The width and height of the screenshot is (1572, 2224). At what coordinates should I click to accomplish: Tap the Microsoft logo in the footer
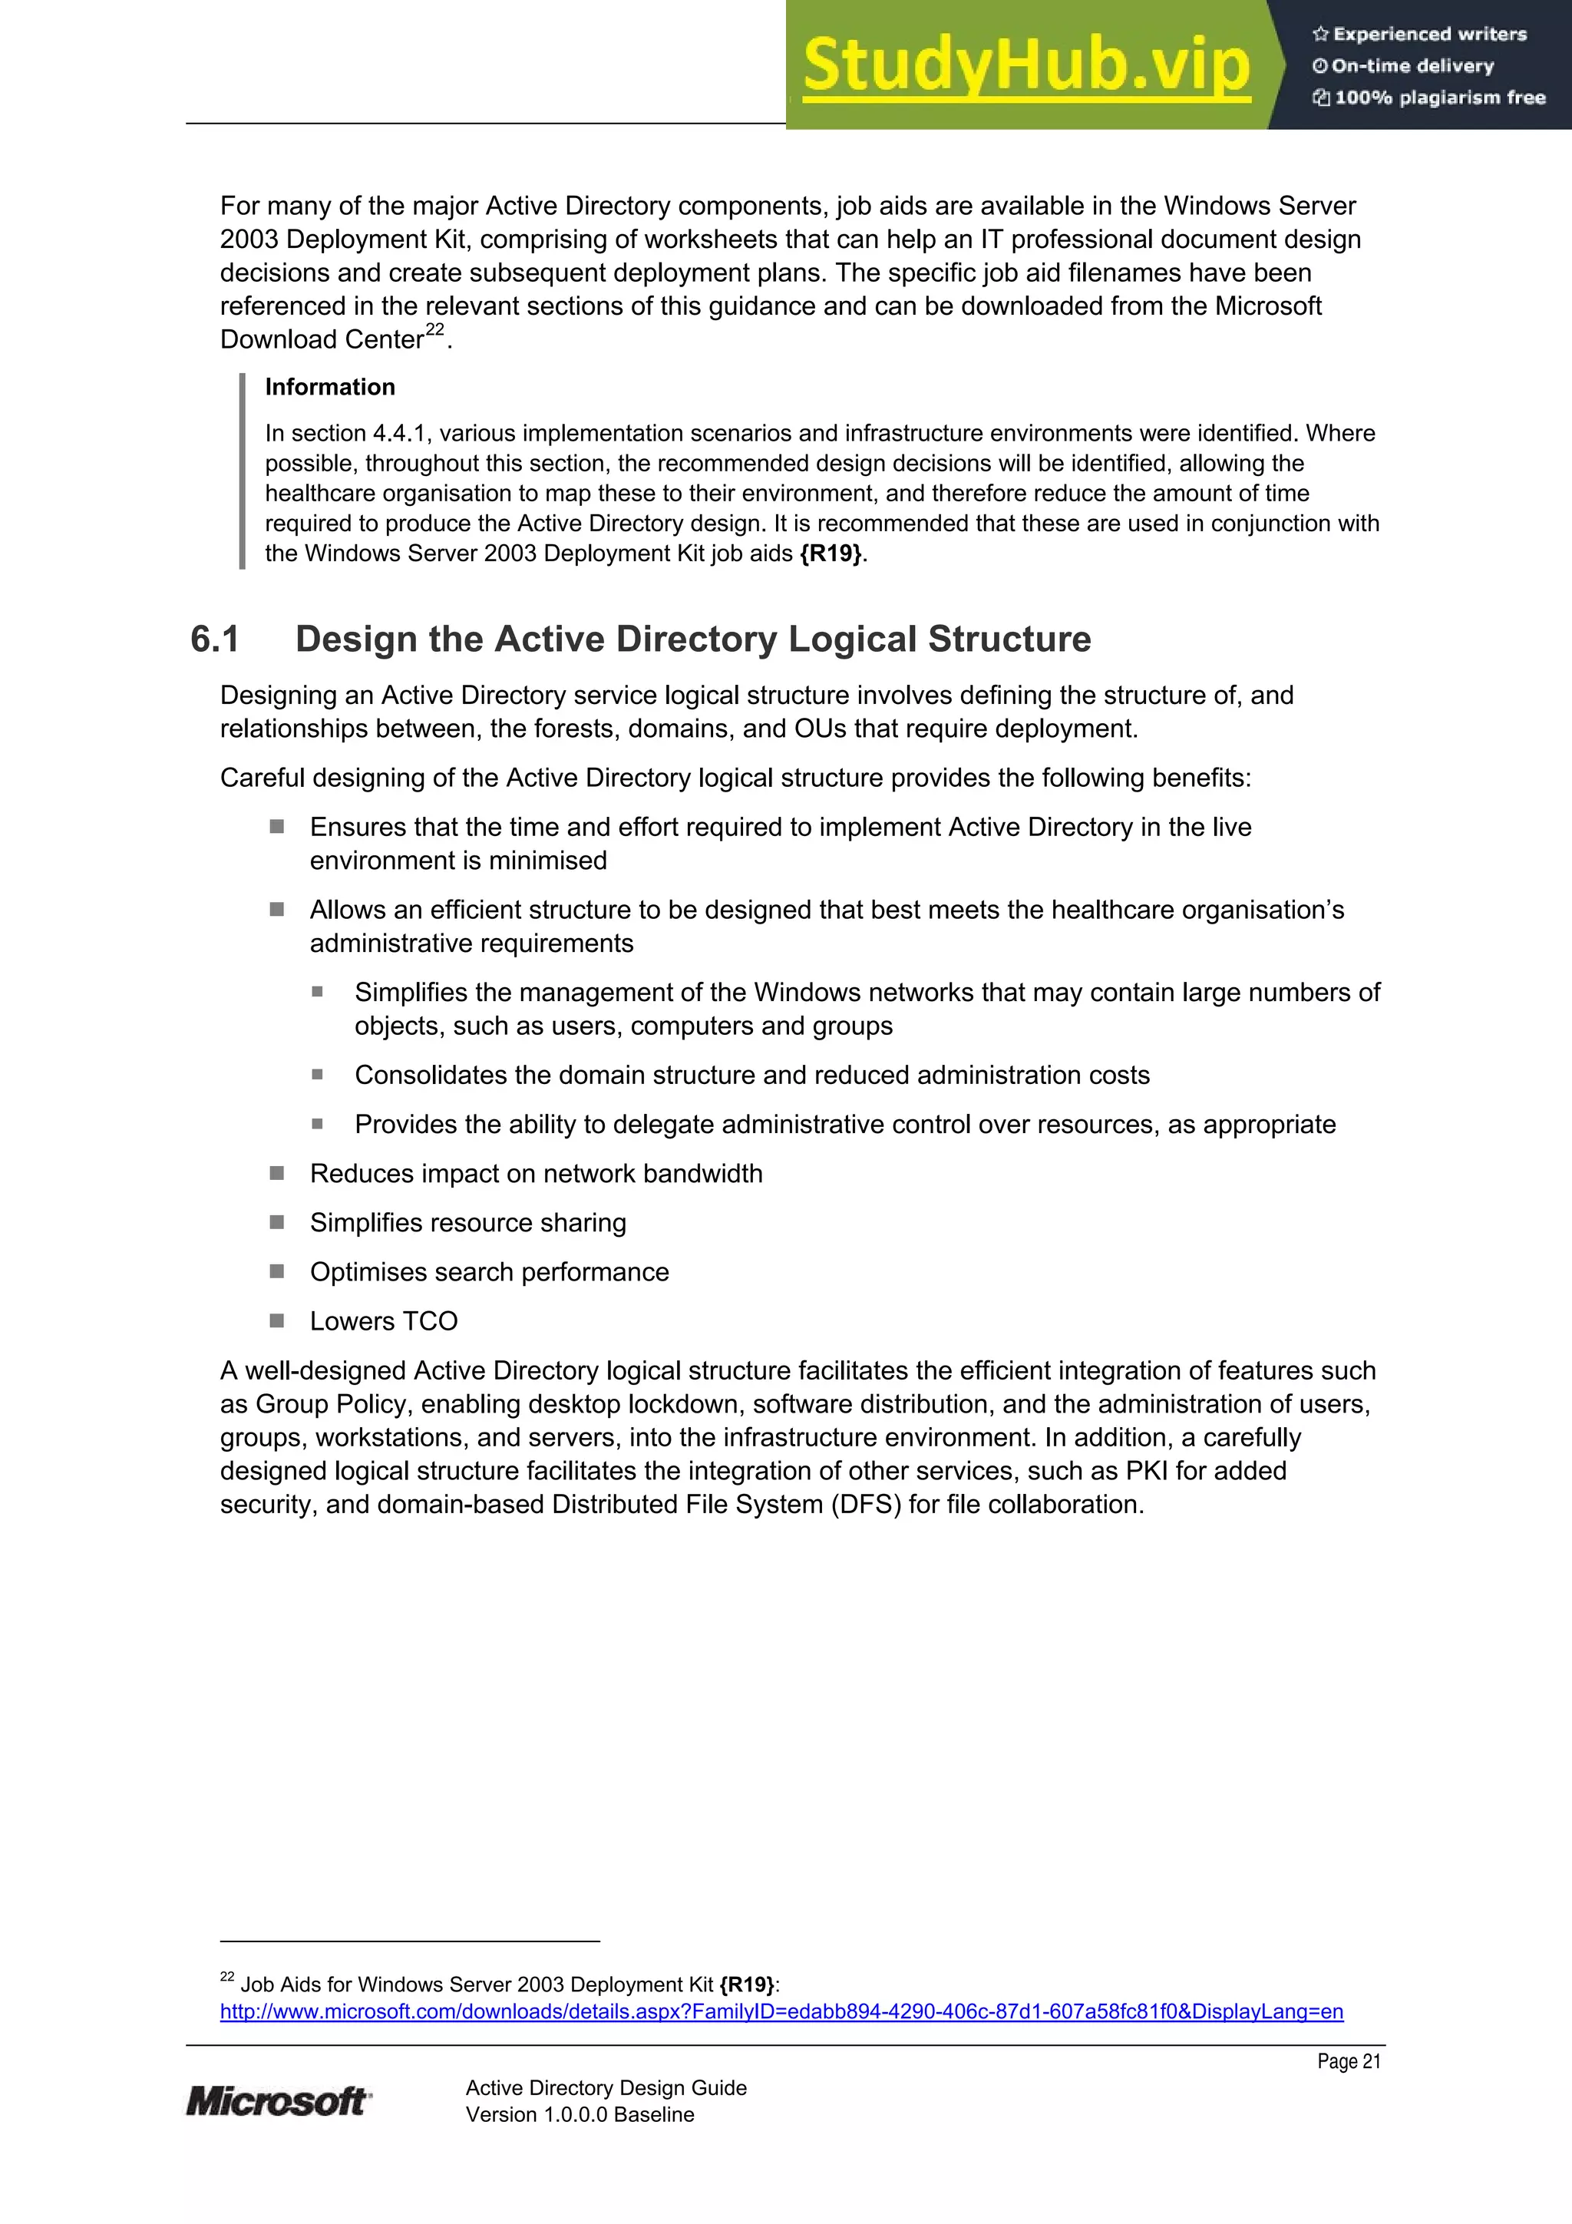click(278, 2101)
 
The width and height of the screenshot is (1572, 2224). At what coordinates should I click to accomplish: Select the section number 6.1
click(214, 639)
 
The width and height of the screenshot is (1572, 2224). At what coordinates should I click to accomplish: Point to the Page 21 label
click(1349, 2061)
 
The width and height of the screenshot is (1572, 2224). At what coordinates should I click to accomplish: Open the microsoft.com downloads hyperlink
click(781, 2012)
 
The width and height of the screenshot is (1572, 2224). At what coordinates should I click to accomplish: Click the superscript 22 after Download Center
click(435, 329)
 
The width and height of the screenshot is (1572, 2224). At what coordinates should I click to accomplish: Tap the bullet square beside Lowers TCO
click(277, 1320)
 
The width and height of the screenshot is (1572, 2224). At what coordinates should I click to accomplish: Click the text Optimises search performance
click(489, 1272)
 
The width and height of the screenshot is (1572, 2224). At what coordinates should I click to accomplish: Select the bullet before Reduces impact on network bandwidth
click(277, 1173)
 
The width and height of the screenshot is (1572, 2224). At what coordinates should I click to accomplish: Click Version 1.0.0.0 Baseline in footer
click(580, 2114)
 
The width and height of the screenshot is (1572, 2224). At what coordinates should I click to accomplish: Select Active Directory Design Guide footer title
click(606, 2087)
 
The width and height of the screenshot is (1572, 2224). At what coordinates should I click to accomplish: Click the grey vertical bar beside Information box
click(242, 471)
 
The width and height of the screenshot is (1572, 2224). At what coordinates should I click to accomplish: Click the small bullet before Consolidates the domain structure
click(317, 1074)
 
